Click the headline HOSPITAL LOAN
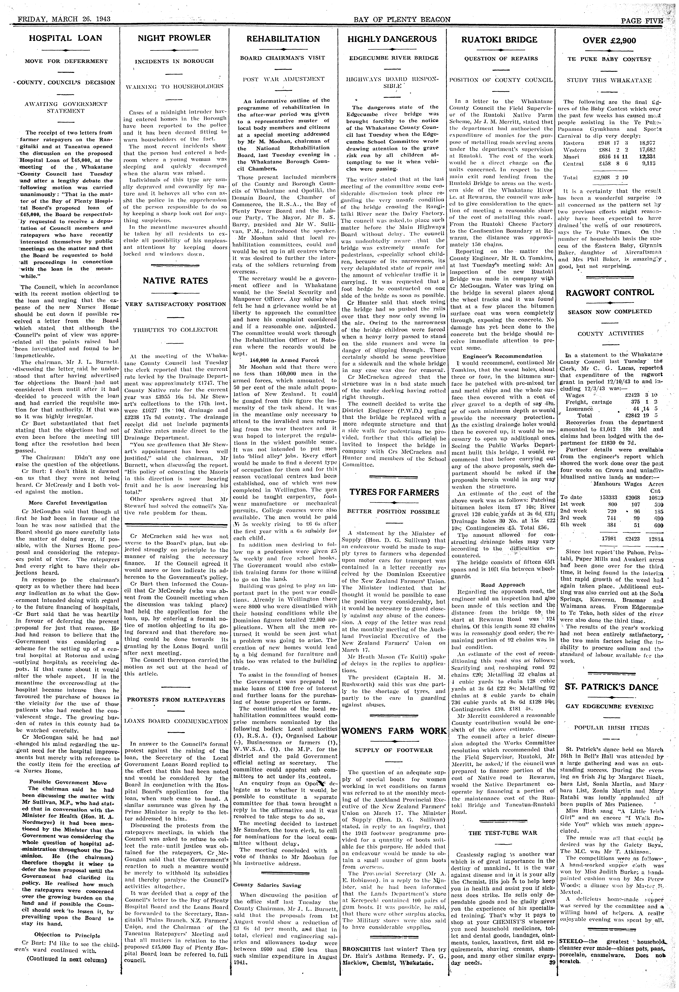(x=65, y=38)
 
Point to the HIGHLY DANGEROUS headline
(x=392, y=39)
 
